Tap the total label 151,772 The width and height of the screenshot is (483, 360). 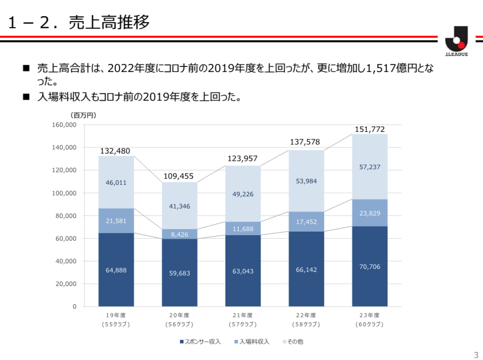(x=369, y=130)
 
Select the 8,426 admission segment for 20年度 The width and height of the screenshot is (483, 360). (x=180, y=234)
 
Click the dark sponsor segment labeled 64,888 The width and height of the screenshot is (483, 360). (x=116, y=270)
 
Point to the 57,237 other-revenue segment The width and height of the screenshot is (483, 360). (x=369, y=167)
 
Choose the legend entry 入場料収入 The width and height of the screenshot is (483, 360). (x=252, y=341)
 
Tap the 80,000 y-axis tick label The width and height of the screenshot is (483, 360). (x=66, y=216)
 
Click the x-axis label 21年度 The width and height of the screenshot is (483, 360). (x=243, y=315)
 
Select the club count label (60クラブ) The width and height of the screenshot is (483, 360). (x=369, y=324)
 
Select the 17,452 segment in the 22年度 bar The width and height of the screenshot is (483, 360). (x=306, y=222)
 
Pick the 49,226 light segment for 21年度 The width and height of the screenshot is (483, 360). (x=243, y=194)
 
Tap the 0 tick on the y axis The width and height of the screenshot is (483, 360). (x=74, y=307)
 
